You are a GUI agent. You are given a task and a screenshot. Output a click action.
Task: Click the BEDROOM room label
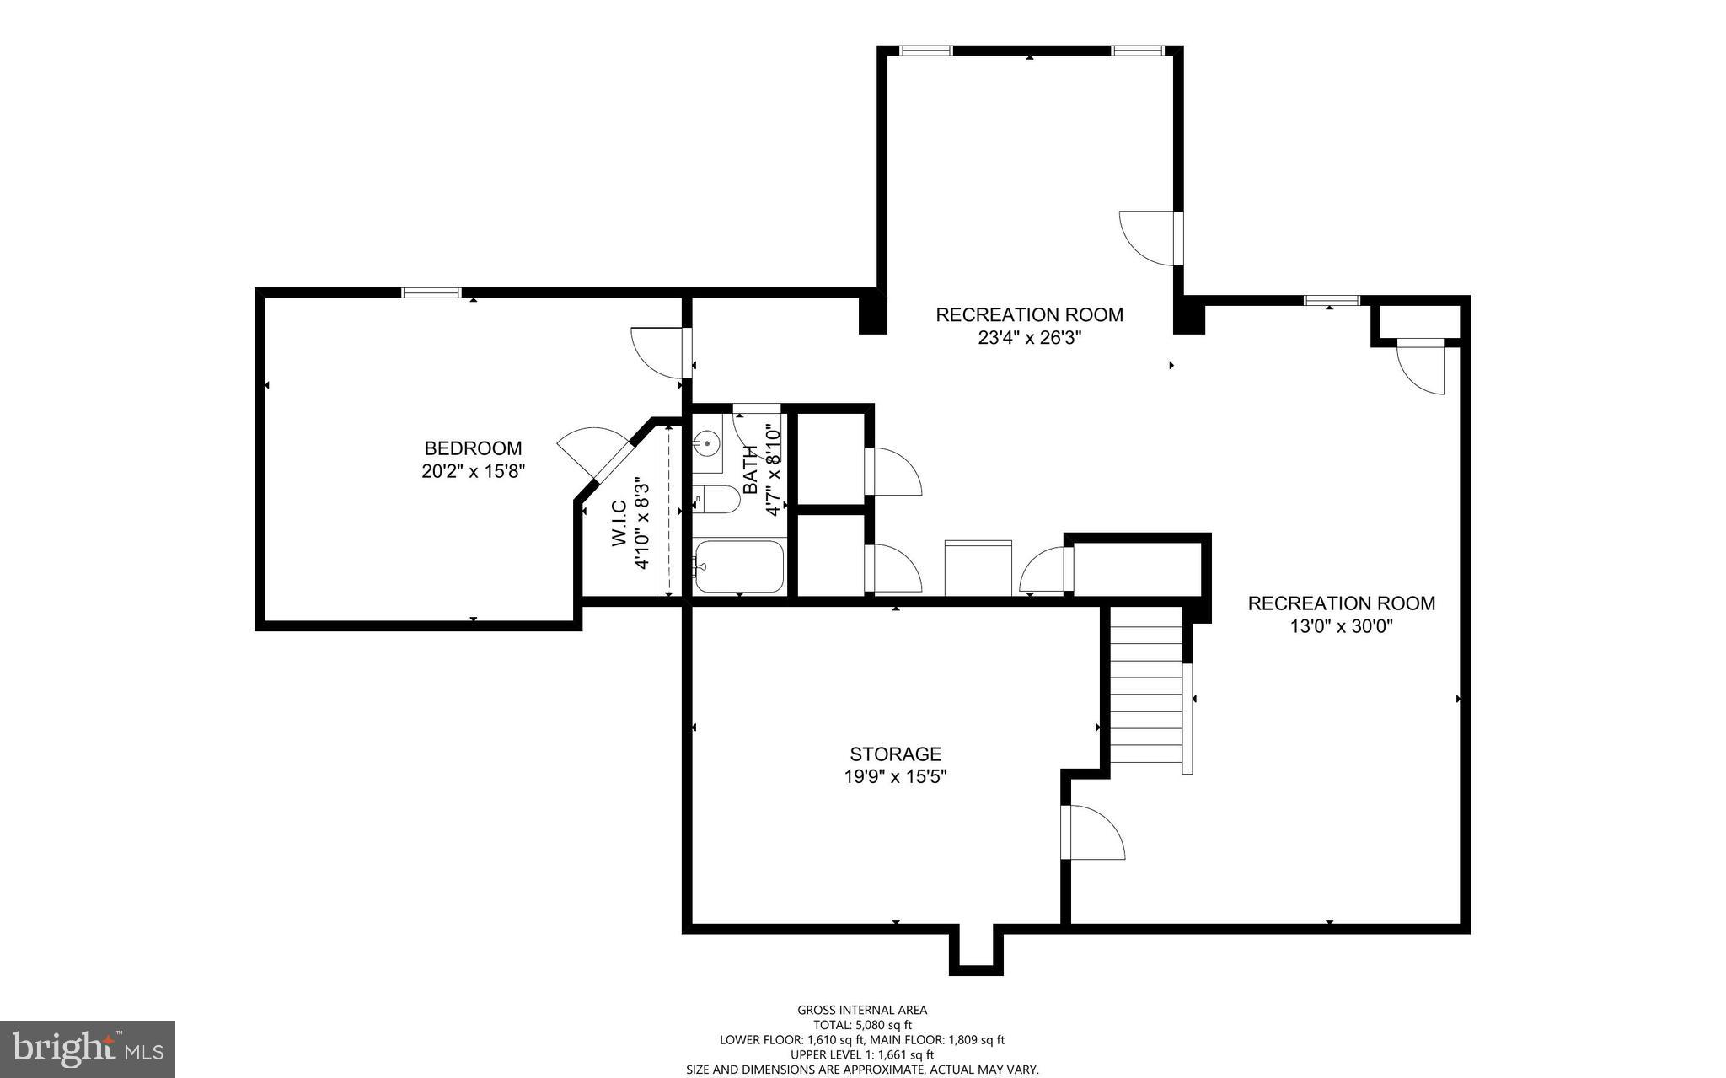473,448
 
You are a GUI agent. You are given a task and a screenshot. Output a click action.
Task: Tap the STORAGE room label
895,754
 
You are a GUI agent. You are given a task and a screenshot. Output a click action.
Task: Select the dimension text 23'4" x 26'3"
1029,338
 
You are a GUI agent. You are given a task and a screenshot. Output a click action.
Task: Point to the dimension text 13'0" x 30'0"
1341,626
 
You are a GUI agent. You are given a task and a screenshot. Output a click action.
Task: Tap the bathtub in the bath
739,566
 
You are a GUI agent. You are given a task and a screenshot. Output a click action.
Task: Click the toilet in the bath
717,500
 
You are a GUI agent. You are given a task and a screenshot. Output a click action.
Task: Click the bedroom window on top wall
431,293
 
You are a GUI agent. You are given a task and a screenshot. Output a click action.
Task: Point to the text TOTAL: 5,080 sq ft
862,1025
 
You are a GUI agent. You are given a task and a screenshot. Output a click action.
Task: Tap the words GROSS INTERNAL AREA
862,1010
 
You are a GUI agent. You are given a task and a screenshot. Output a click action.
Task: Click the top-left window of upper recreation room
925,51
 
